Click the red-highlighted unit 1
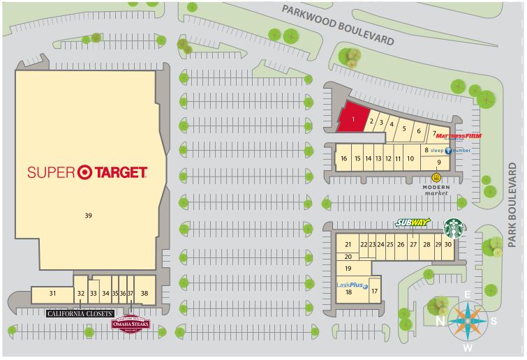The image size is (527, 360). coord(354,119)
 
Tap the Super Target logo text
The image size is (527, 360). coord(87,172)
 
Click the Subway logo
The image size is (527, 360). coord(413,223)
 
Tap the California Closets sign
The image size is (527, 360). coord(80,314)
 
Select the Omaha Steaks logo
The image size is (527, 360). coord(131,324)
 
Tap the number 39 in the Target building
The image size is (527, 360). coord(88,216)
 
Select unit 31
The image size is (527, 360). coord(52,294)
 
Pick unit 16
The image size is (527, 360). coord(343,158)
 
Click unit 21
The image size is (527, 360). coord(348,244)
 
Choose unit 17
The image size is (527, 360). coord(375,291)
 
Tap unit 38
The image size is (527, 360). coord(144,294)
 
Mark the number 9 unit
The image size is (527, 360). coord(439,163)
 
